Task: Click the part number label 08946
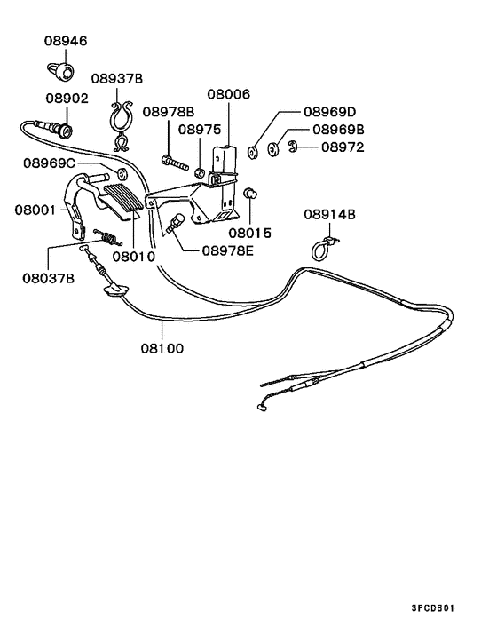pos(67,41)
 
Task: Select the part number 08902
pos(67,98)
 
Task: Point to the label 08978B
pos(169,112)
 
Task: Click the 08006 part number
pos(229,93)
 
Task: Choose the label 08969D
pos(329,112)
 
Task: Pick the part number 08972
pos(343,147)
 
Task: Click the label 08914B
pos(329,214)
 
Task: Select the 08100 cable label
pos(162,348)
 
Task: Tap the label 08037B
pos(49,277)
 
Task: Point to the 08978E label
pos(227,250)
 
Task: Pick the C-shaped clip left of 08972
pos(291,147)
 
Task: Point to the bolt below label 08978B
pos(173,162)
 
